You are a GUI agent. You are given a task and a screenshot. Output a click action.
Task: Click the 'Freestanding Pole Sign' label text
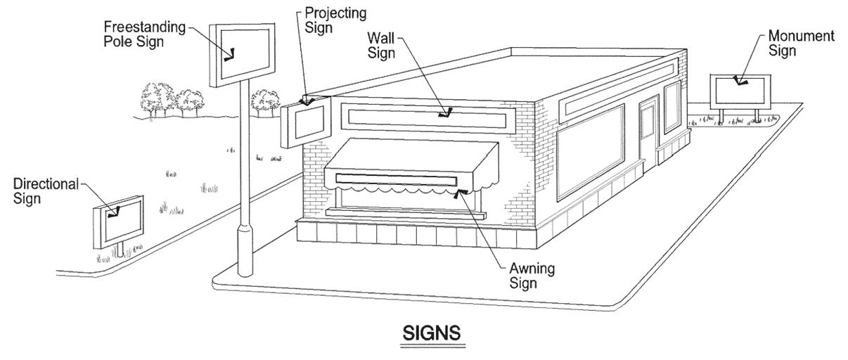click(x=144, y=34)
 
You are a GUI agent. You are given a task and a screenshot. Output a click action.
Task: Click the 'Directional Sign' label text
click(x=46, y=191)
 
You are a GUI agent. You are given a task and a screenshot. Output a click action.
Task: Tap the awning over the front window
click(x=411, y=167)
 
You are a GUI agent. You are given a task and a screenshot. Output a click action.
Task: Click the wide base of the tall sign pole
click(x=246, y=250)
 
